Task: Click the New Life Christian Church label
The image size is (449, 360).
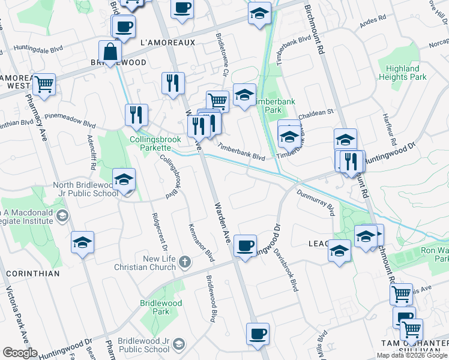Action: click(151, 262)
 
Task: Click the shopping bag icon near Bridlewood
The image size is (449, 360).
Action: click(110, 52)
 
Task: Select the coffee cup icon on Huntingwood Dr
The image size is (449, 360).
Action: click(245, 246)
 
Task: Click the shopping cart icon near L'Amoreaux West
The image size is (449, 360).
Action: click(44, 85)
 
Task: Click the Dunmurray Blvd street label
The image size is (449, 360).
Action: click(316, 201)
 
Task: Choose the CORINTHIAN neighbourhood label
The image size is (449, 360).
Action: click(33, 274)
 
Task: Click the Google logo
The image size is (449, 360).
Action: click(20, 353)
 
